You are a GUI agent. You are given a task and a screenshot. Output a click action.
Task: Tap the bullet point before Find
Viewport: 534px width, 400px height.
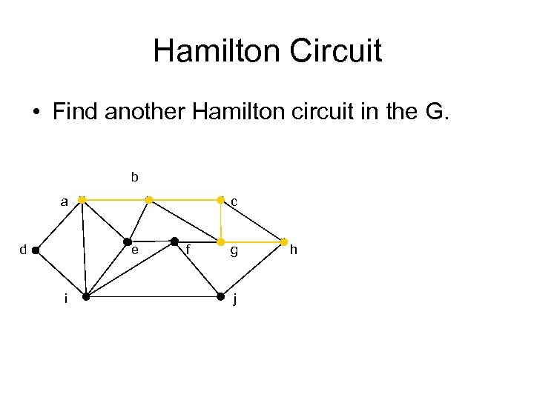tap(36, 113)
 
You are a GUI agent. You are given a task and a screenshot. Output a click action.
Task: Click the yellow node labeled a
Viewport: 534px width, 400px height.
tap(82, 200)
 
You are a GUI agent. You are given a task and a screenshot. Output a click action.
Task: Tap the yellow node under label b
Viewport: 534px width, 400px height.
tap(149, 200)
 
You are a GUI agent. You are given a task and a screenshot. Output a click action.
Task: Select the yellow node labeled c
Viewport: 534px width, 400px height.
tap(220, 200)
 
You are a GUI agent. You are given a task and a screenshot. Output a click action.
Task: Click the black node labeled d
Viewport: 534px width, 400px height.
tap(36, 250)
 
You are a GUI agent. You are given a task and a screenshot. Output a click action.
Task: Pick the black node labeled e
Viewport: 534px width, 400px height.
tap(128, 242)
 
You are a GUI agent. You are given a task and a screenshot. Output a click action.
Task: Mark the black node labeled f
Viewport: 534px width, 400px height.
tap(174, 241)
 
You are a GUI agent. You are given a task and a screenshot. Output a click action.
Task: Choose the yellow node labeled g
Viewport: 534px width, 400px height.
tap(220, 242)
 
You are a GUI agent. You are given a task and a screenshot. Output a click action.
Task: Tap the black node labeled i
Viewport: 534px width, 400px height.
tap(86, 297)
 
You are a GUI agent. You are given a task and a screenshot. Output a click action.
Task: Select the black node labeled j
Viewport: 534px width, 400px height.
tap(220, 297)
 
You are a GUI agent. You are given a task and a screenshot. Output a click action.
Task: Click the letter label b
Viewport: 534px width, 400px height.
tap(134, 177)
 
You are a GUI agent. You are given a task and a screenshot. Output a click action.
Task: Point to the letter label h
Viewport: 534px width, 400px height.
tap(293, 250)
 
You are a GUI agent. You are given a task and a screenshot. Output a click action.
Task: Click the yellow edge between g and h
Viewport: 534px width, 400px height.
tap(252, 242)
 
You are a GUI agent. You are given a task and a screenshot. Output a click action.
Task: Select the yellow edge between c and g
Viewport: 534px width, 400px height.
tap(220, 221)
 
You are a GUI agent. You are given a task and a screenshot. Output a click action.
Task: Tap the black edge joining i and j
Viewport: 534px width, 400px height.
tap(153, 297)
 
